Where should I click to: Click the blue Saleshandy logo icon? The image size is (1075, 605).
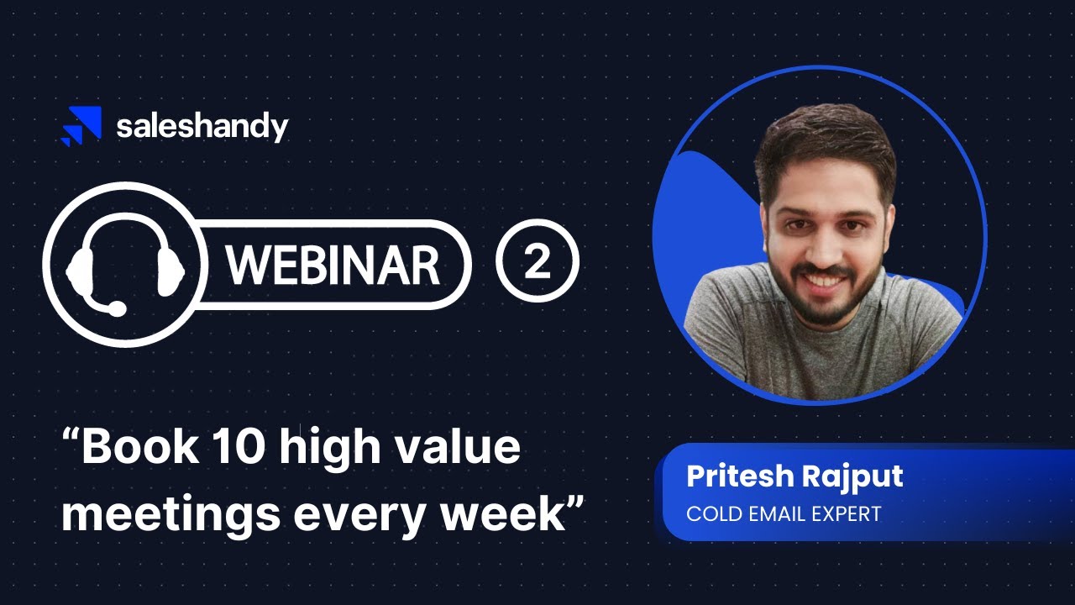[82, 126]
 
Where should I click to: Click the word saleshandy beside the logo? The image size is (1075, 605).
[202, 127]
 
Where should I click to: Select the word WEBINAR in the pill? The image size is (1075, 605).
[333, 266]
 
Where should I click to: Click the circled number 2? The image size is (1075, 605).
[537, 264]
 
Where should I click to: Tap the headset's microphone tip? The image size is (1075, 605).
[117, 310]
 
